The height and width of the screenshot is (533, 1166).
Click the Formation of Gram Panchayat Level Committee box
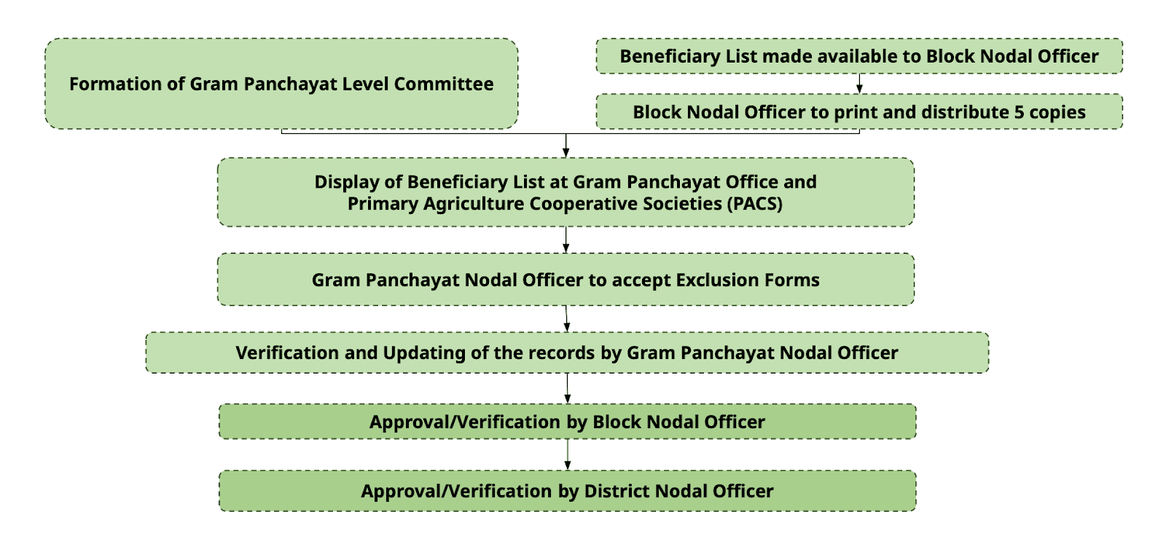click(281, 84)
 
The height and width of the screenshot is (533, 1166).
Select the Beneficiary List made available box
click(859, 56)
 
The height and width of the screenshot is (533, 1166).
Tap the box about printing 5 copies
click(859, 112)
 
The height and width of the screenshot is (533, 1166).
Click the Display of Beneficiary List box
click(566, 192)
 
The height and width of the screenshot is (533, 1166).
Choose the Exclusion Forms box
click(566, 280)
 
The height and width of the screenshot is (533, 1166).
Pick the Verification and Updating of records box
click(567, 352)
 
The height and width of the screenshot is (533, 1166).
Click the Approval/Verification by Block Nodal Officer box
click(568, 422)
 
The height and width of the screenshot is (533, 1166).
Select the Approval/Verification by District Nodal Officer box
click(568, 491)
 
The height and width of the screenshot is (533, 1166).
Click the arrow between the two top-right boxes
click(859, 84)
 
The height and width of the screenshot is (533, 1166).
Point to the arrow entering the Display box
click(566, 146)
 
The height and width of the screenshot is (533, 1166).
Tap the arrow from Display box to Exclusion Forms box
click(566, 240)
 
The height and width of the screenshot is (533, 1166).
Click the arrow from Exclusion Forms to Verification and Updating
click(566, 319)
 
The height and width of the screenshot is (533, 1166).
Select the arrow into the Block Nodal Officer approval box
click(568, 388)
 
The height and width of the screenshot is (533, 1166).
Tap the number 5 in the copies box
click(1020, 112)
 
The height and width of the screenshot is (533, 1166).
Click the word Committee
click(444, 84)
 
